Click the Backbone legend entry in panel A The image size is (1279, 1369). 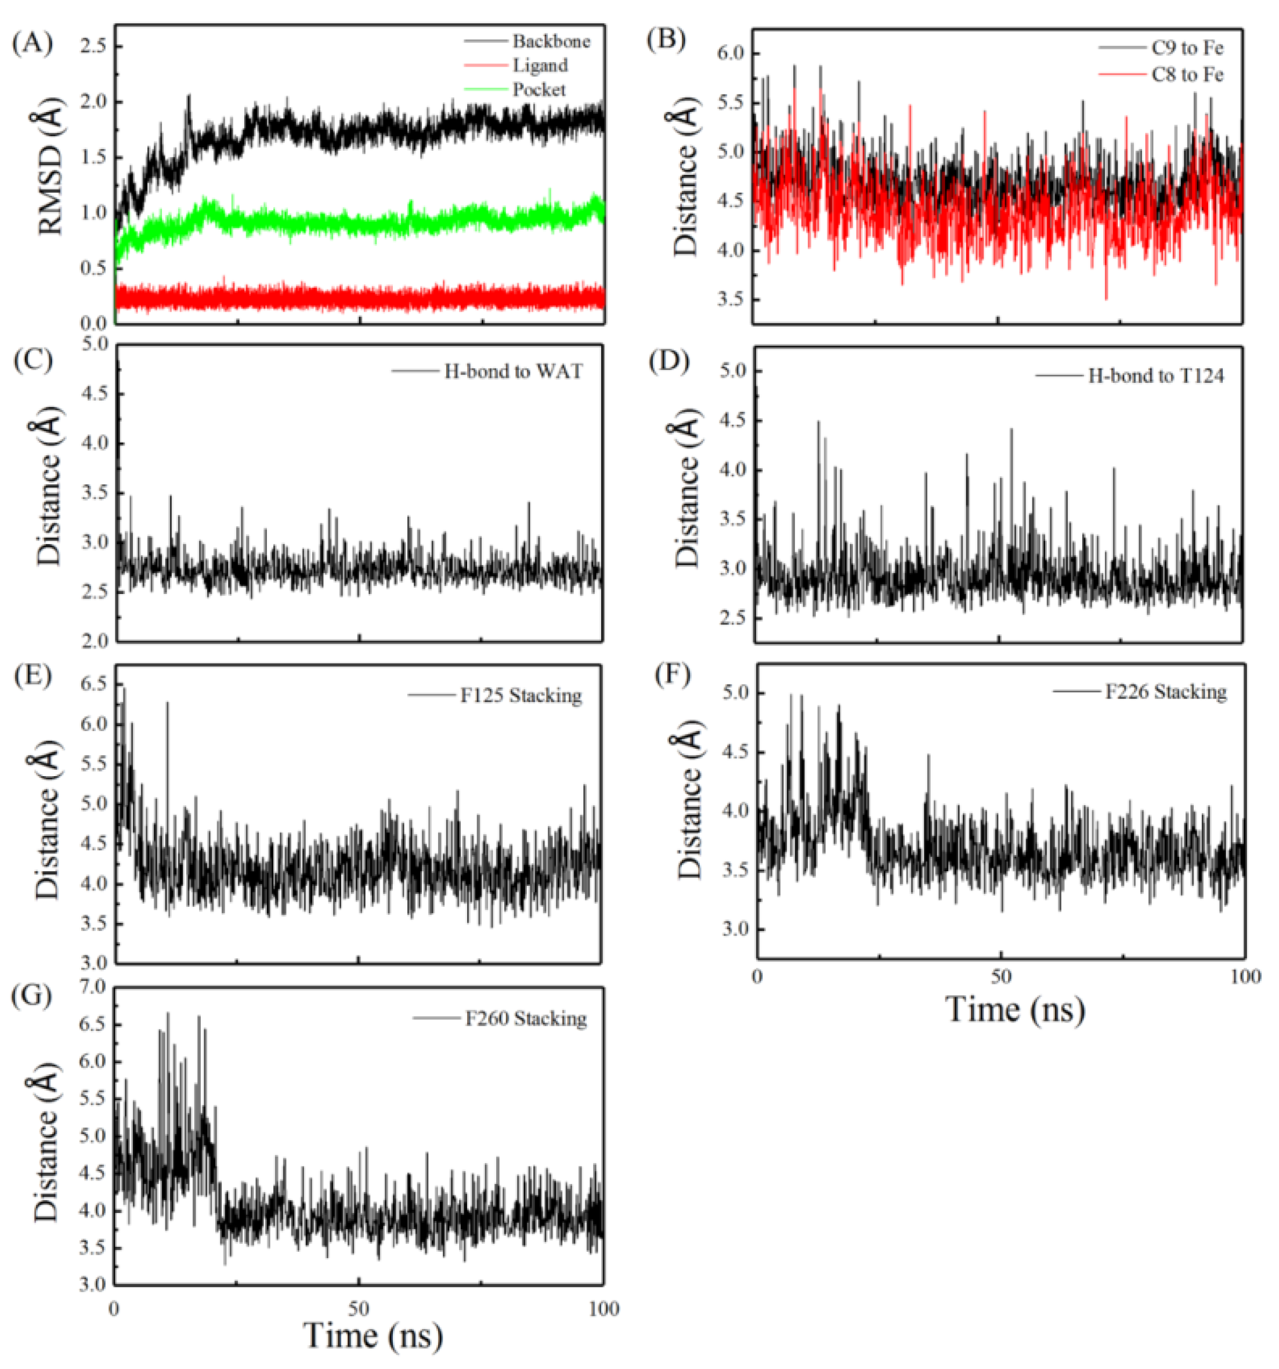click(x=550, y=41)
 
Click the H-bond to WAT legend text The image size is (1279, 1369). click(x=512, y=371)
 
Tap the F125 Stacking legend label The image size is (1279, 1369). click(x=521, y=696)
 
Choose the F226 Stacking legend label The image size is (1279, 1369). click(x=1165, y=691)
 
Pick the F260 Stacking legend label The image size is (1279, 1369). click(x=526, y=1018)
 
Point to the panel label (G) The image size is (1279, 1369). click(x=32, y=996)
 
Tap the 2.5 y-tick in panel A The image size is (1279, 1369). click(x=92, y=47)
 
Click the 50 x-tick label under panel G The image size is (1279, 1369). click(x=358, y=1309)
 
